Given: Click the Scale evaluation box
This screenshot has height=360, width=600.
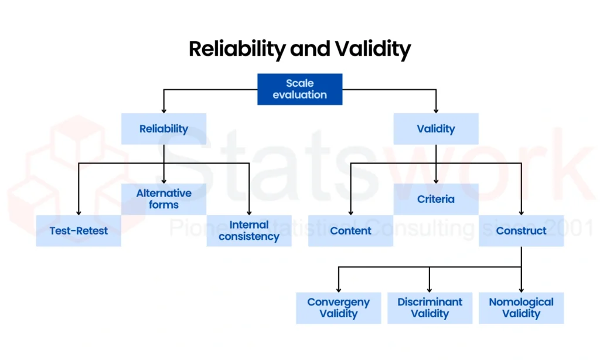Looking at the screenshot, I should click(299, 89).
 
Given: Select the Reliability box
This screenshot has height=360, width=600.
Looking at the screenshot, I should click(163, 129).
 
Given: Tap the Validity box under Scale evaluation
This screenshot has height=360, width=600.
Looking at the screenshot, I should click(435, 129).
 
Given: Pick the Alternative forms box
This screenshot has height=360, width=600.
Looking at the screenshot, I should click(163, 199).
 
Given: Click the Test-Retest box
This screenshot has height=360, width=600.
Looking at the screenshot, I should click(79, 230).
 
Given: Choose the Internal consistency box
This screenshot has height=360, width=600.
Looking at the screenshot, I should click(249, 230).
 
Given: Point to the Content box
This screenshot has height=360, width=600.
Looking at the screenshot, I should click(350, 230).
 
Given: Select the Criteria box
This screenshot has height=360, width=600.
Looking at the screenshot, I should click(435, 199).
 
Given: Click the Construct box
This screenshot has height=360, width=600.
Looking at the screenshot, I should click(521, 230).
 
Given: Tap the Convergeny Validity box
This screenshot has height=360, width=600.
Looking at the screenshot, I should click(338, 308).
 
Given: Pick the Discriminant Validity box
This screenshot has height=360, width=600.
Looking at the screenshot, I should click(429, 308).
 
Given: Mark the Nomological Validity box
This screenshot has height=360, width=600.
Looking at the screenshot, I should click(521, 308).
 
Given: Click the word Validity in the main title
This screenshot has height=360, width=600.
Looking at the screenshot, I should click(373, 49).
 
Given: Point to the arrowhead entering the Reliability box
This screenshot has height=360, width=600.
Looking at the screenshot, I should click(163, 110).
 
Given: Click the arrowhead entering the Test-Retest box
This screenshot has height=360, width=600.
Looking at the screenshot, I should click(79, 212).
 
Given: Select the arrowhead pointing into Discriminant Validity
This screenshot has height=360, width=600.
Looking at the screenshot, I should click(429, 289).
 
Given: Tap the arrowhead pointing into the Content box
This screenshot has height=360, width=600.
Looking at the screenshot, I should click(350, 212).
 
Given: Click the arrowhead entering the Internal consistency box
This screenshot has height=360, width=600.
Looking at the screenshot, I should click(249, 212).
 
